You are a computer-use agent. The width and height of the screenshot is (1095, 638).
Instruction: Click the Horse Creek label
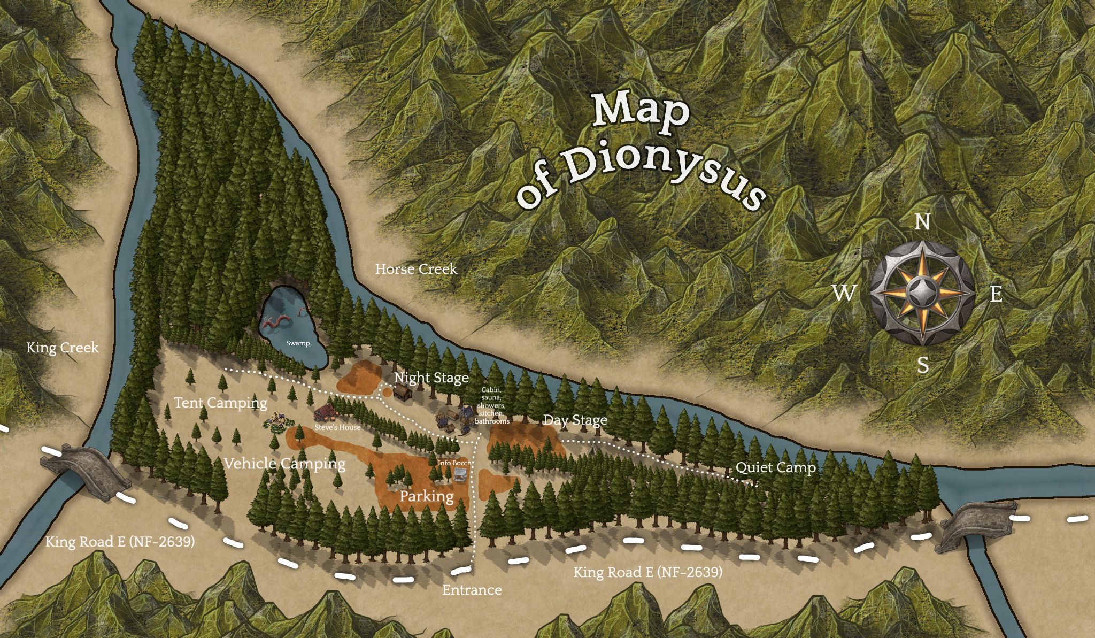click(416, 268)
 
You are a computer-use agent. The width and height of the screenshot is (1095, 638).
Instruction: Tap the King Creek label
click(63, 348)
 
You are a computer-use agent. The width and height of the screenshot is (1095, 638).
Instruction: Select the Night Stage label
click(431, 378)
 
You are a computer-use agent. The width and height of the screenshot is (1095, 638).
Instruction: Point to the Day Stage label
click(575, 420)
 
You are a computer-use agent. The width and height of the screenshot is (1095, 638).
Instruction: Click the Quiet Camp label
click(776, 468)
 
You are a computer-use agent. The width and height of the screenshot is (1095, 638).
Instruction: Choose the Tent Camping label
click(220, 403)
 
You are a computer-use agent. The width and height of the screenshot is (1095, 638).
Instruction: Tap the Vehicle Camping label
click(284, 464)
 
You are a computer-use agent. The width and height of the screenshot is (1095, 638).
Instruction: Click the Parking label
click(427, 496)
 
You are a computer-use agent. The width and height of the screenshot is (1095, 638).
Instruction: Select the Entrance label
click(472, 590)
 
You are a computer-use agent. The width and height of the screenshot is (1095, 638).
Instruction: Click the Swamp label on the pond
click(298, 343)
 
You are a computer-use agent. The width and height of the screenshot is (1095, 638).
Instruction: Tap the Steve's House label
click(337, 427)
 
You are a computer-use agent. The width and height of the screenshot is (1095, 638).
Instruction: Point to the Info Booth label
click(454, 463)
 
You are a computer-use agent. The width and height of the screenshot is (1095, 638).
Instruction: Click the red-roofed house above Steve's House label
click(325, 412)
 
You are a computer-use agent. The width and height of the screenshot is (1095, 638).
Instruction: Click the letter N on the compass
click(922, 222)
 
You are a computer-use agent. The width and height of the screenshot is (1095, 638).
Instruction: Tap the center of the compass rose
click(922, 293)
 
